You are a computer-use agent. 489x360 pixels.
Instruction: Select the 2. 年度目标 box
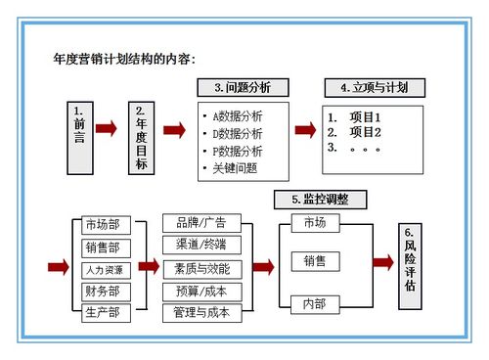click(x=142, y=137)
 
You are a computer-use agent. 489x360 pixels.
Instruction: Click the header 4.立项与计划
click(x=374, y=88)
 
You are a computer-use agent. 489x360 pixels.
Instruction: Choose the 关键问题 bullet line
click(x=235, y=167)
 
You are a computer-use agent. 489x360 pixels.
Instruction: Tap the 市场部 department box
click(x=102, y=226)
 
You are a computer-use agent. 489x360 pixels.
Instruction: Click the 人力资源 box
click(x=102, y=269)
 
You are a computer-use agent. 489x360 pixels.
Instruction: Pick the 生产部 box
click(x=102, y=312)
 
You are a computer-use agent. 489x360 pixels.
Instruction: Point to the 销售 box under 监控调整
click(x=315, y=261)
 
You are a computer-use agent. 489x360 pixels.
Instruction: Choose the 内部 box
click(x=315, y=303)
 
